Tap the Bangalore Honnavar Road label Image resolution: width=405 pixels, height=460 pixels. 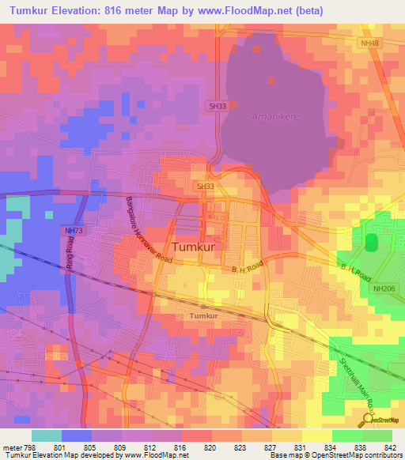click(148, 230)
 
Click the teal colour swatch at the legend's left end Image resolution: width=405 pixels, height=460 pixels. click(46, 435)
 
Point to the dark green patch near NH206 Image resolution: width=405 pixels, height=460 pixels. click(371, 244)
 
